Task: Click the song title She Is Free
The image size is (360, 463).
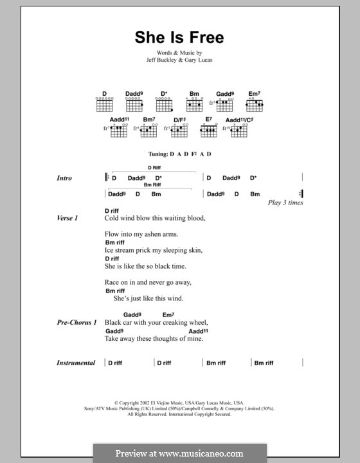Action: click(179, 37)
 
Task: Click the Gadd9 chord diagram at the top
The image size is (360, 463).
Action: click(224, 104)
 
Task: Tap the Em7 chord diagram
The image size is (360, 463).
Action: click(255, 104)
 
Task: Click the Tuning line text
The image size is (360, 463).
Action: click(179, 155)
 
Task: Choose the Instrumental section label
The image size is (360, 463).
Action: click(76, 363)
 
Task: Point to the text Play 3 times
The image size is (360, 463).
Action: click(285, 203)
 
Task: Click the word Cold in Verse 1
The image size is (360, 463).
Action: click(113, 219)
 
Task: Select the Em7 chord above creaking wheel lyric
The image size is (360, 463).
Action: click(168, 314)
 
